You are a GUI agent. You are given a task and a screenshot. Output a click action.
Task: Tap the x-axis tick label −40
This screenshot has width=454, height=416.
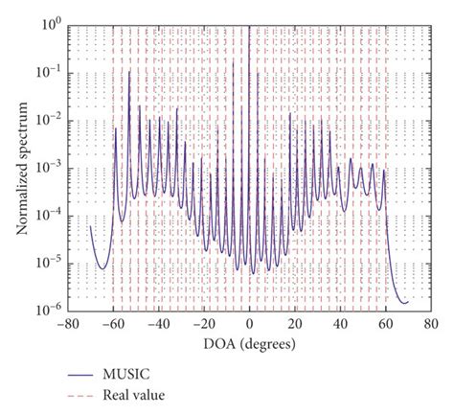pos(157,324)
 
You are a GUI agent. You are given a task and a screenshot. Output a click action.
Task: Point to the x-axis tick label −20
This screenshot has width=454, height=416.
pos(203,324)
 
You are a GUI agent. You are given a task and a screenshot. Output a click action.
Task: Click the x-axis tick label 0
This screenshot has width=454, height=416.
pos(250,324)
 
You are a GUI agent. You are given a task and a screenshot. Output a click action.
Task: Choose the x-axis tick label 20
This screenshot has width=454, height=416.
pos(294,324)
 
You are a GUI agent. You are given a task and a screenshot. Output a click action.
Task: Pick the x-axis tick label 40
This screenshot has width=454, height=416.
pos(340,324)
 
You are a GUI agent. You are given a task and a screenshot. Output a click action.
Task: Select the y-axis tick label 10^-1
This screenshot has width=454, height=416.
pos(49,69)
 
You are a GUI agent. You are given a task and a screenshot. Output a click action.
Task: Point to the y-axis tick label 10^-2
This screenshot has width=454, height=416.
pos(49,116)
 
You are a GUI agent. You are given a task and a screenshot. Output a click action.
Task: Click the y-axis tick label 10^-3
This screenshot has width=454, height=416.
pos(49,164)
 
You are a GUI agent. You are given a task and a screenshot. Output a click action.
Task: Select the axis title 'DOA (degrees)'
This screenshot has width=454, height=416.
pos(249,342)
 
